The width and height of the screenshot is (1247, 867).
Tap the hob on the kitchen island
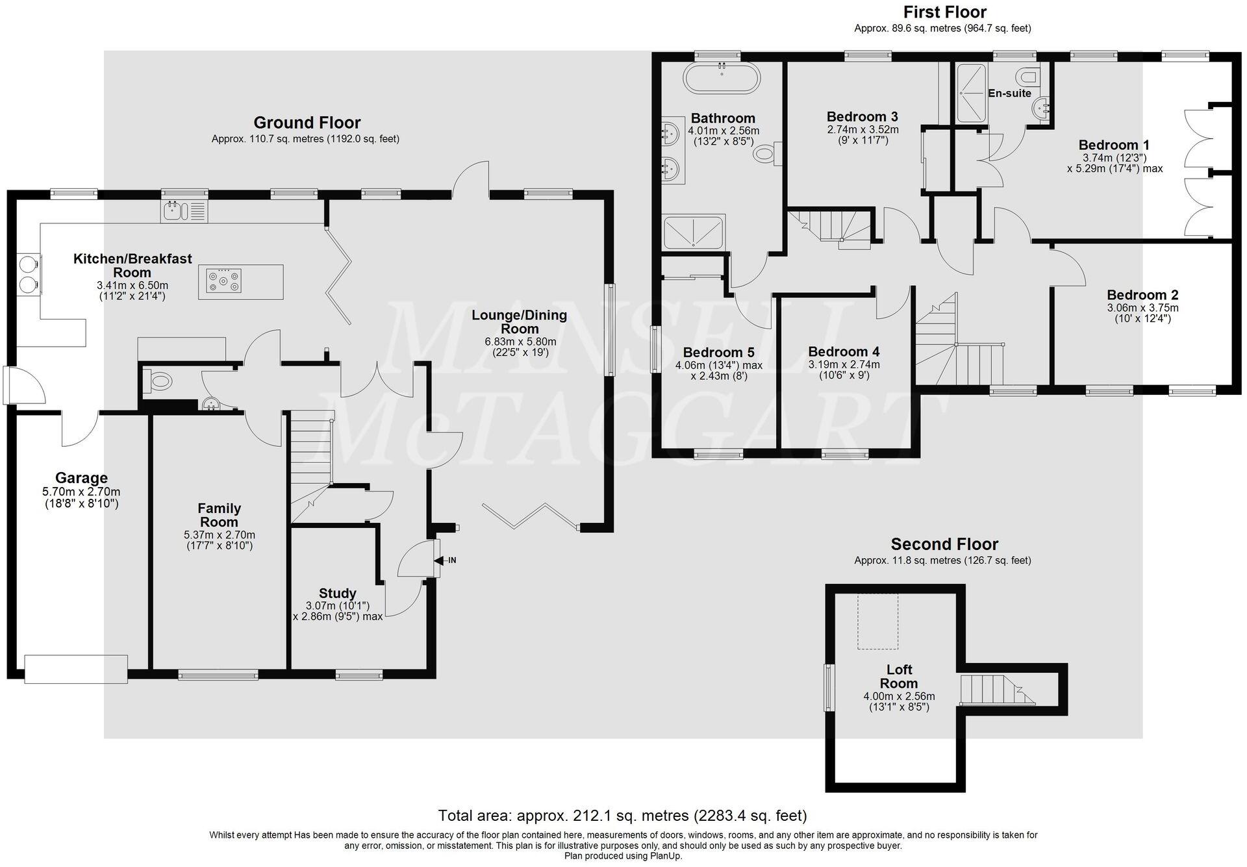(223, 281)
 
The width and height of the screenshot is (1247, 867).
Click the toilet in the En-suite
(1028, 78)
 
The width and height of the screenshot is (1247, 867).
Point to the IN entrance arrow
(447, 560)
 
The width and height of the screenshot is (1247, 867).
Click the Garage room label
(81, 479)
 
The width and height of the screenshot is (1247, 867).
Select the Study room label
(338, 593)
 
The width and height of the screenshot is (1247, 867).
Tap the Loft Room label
(899, 676)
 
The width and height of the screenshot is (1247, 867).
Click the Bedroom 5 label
(718, 353)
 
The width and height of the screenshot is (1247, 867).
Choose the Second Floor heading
(944, 544)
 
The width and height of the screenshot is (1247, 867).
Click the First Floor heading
(945, 12)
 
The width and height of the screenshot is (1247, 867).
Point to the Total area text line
(622, 816)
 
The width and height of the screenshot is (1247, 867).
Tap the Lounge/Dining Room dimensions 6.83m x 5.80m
(520, 342)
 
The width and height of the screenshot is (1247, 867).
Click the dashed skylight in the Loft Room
(877, 620)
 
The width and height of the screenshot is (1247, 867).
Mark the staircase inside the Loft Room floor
(994, 689)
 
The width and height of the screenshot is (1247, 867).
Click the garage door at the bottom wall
(76, 669)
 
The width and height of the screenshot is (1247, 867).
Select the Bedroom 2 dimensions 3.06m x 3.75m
(1142, 308)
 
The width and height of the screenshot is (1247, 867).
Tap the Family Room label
(219, 515)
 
